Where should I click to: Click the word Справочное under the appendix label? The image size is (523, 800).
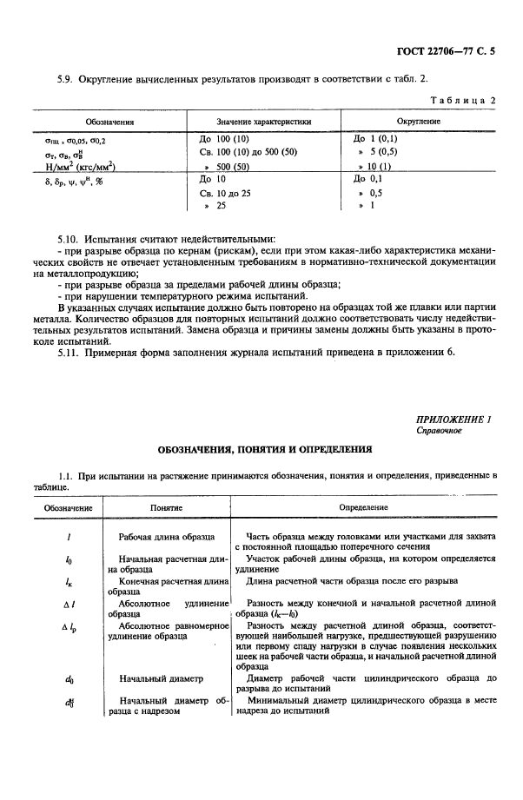tap(438, 431)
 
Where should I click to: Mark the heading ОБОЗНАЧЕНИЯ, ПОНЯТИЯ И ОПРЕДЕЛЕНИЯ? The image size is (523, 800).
tap(264, 450)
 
